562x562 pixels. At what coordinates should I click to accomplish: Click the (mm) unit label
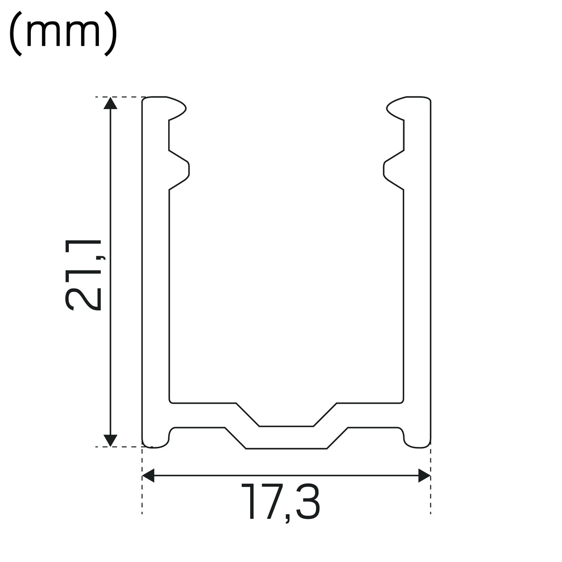63,33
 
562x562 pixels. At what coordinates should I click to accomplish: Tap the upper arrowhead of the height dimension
110,103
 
